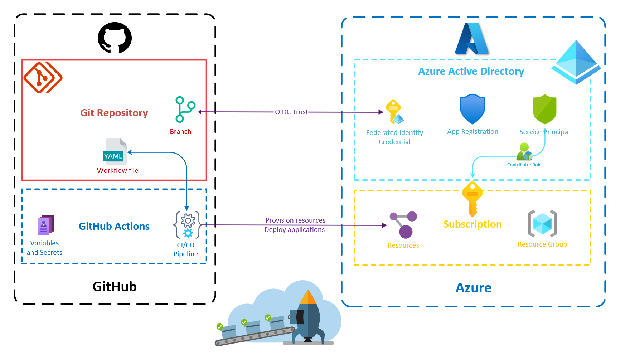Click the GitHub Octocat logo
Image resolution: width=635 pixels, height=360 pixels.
coord(115,38)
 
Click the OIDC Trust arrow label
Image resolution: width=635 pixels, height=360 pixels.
coord(291,112)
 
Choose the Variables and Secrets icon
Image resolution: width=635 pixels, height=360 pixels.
coord(45,225)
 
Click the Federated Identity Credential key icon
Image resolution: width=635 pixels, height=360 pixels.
coord(394,112)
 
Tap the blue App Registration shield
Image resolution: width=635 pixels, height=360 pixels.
coord(472,109)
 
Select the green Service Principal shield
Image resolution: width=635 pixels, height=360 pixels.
coord(544,109)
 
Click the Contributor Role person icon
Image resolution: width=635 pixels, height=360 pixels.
coord(524,152)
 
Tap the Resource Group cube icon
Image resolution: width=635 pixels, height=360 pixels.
coord(542,224)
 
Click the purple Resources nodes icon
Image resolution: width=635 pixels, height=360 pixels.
coord(403,225)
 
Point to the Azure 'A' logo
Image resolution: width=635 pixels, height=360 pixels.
coord(471,39)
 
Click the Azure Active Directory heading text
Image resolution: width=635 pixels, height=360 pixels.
coord(471,72)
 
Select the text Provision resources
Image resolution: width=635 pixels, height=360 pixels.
coord(295,220)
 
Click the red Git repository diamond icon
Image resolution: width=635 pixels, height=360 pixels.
coord(43,78)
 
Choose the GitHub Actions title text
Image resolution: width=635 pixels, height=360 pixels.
coord(114,227)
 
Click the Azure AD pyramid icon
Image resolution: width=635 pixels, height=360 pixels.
coord(576,62)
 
